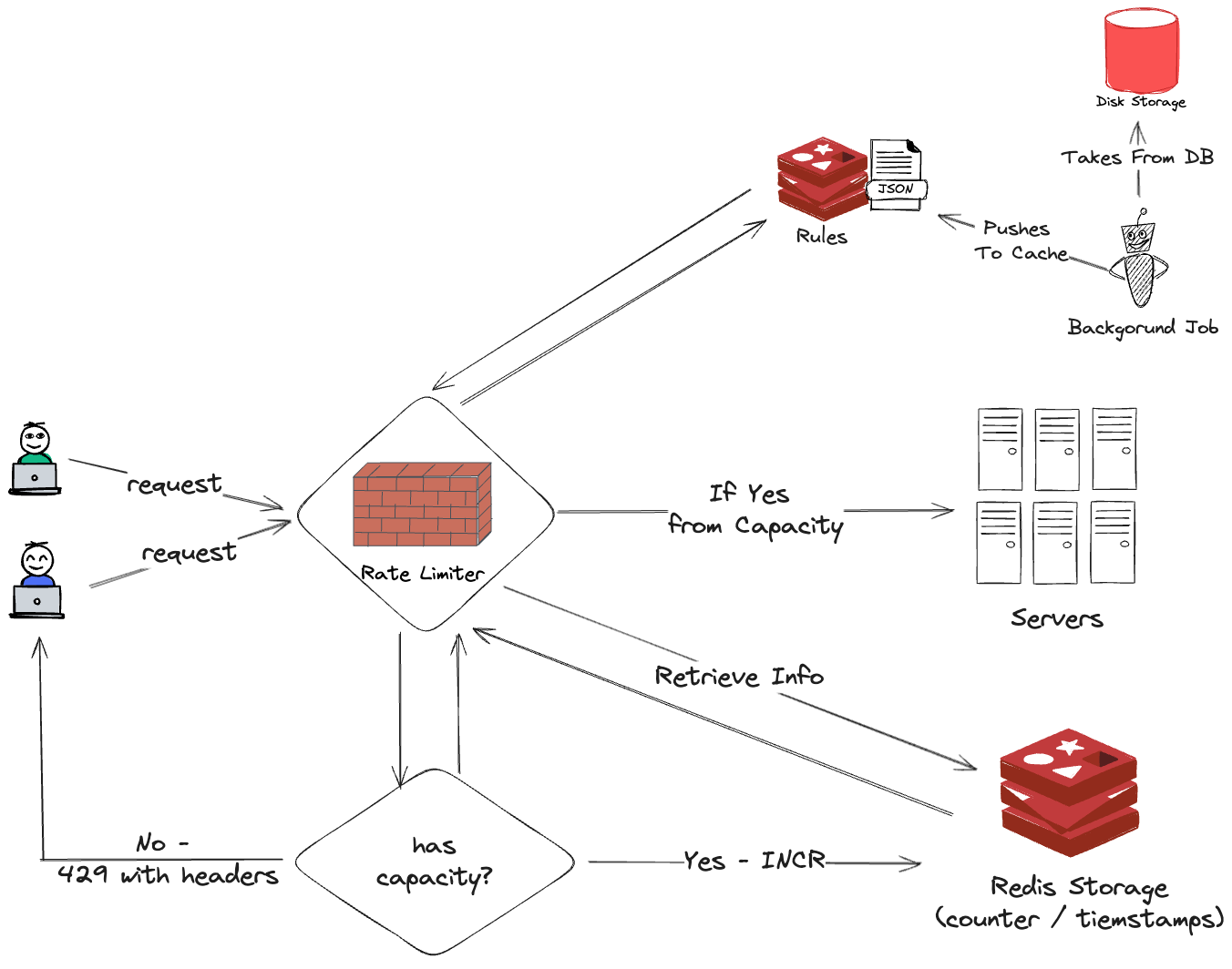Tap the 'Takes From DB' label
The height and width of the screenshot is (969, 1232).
click(x=1137, y=158)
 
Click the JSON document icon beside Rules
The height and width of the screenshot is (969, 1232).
click(x=896, y=174)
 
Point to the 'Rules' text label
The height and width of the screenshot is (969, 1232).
click(x=821, y=237)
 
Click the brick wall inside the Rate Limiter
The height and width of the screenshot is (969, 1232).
click(x=422, y=505)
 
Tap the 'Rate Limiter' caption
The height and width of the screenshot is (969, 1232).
click(x=422, y=574)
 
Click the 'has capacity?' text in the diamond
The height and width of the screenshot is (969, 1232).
click(x=434, y=862)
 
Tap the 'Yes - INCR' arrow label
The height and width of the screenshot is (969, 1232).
click(x=754, y=861)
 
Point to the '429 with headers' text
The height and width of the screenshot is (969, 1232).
click(x=168, y=876)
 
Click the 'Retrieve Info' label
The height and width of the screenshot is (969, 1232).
click(x=739, y=677)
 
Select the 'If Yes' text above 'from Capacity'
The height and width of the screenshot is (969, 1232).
click(x=749, y=494)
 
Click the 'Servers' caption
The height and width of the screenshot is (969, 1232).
click(x=1056, y=619)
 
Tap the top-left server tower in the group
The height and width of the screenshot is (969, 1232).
click(x=1000, y=449)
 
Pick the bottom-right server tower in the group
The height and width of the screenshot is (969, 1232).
click(x=1113, y=542)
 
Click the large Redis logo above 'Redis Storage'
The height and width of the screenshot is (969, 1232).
click(x=1068, y=790)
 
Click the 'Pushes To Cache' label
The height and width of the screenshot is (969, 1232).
click(x=1019, y=241)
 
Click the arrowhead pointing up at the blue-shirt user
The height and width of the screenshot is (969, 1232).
click(x=39, y=646)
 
